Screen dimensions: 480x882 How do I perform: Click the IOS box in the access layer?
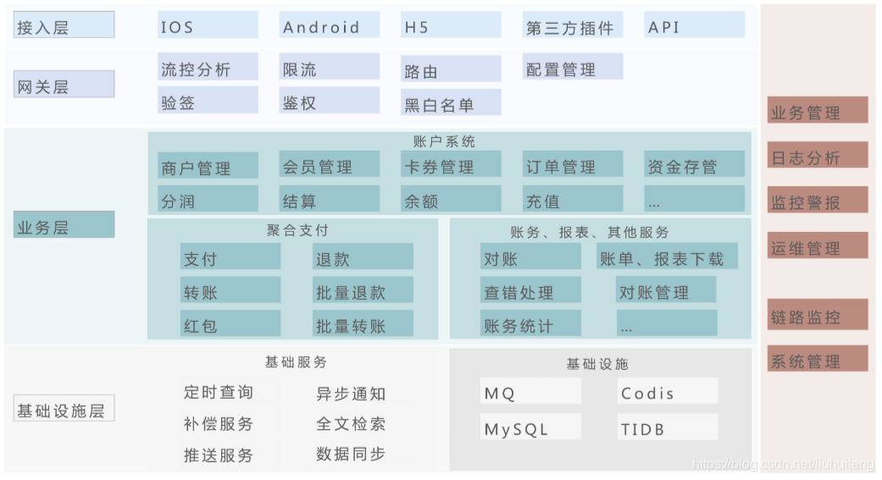208,25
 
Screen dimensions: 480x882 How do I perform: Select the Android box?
330,25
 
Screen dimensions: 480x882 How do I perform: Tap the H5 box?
451,25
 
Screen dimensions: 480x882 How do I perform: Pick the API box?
694,25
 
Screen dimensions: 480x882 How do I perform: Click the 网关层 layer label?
64,86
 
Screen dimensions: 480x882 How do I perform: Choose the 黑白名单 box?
451,103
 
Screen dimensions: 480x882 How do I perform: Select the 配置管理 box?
573,68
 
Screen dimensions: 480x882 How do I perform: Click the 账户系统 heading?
450,141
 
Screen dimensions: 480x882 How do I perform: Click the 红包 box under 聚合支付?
230,324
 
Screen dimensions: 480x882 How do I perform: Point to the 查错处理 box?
530,291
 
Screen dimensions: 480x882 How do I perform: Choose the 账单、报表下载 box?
666,257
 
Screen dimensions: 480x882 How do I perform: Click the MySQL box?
530,428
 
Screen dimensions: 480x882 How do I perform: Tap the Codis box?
668,392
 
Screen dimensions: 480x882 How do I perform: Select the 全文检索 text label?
351,423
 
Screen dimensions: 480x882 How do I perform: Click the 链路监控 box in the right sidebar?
818,316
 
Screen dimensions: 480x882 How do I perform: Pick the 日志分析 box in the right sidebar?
818,157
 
